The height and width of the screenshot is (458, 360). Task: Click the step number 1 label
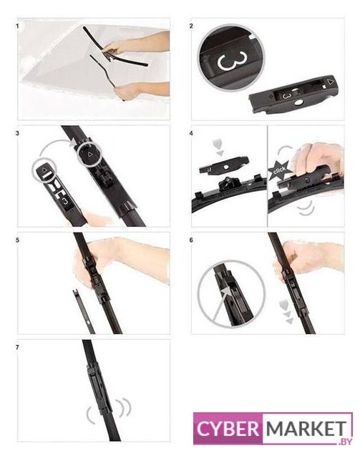tap(17, 26)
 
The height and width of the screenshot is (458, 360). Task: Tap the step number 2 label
tap(191, 26)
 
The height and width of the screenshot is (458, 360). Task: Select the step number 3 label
tap(17, 133)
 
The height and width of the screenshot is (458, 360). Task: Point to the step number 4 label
tap(191, 133)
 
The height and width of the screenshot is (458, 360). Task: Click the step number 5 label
tap(17, 240)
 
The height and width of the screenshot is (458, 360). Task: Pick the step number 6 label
tap(191, 240)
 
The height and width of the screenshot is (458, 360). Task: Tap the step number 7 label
tap(17, 347)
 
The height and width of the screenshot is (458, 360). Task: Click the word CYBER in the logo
tap(228, 429)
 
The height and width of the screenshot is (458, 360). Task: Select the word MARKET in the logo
tap(306, 429)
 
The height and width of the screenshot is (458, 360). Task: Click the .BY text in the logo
tap(344, 442)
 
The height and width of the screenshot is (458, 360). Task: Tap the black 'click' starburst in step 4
tap(279, 170)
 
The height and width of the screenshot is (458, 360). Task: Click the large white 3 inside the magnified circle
tap(232, 61)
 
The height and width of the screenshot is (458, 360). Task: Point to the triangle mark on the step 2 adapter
tap(330, 82)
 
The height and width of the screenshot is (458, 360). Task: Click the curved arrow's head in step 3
tap(72, 142)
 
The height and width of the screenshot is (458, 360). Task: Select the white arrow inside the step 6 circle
tap(220, 303)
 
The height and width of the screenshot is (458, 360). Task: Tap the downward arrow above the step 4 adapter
tap(218, 147)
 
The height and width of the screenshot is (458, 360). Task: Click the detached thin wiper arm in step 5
tap(84, 311)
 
